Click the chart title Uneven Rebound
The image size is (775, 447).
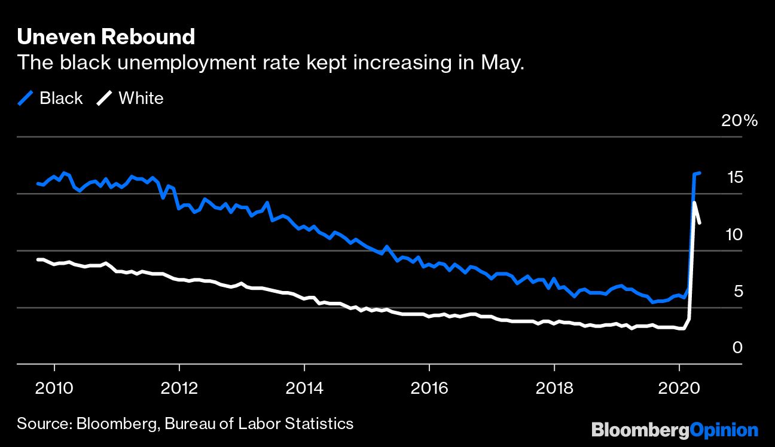(106, 37)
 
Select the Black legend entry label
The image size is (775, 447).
(61, 99)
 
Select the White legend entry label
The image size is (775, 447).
(141, 99)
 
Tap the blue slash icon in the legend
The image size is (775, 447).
(26, 99)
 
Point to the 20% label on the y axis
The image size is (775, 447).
(739, 121)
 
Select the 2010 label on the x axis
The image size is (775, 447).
(54, 388)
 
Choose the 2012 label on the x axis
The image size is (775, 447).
(179, 388)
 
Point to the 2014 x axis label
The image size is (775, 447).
(304, 388)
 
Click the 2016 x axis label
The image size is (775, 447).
(429, 388)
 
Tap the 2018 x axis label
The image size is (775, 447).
(554, 388)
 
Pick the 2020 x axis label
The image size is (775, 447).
(679, 388)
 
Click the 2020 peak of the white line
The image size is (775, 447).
(694, 203)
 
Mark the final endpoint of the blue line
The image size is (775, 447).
(700, 173)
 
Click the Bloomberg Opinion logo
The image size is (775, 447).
(675, 430)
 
